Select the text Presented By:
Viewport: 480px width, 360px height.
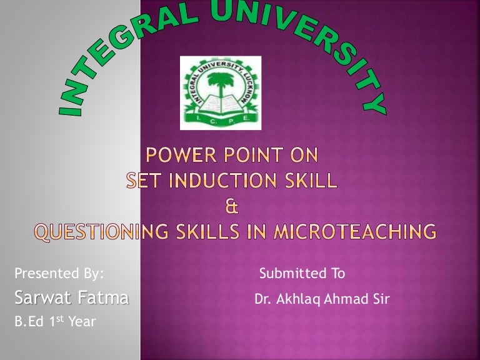pyautogui.click(x=59, y=273)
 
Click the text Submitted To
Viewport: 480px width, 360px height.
pyautogui.click(x=302, y=273)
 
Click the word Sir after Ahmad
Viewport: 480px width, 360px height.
pyautogui.click(x=379, y=299)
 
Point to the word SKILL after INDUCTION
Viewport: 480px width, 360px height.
pyautogui.click(x=313, y=181)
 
